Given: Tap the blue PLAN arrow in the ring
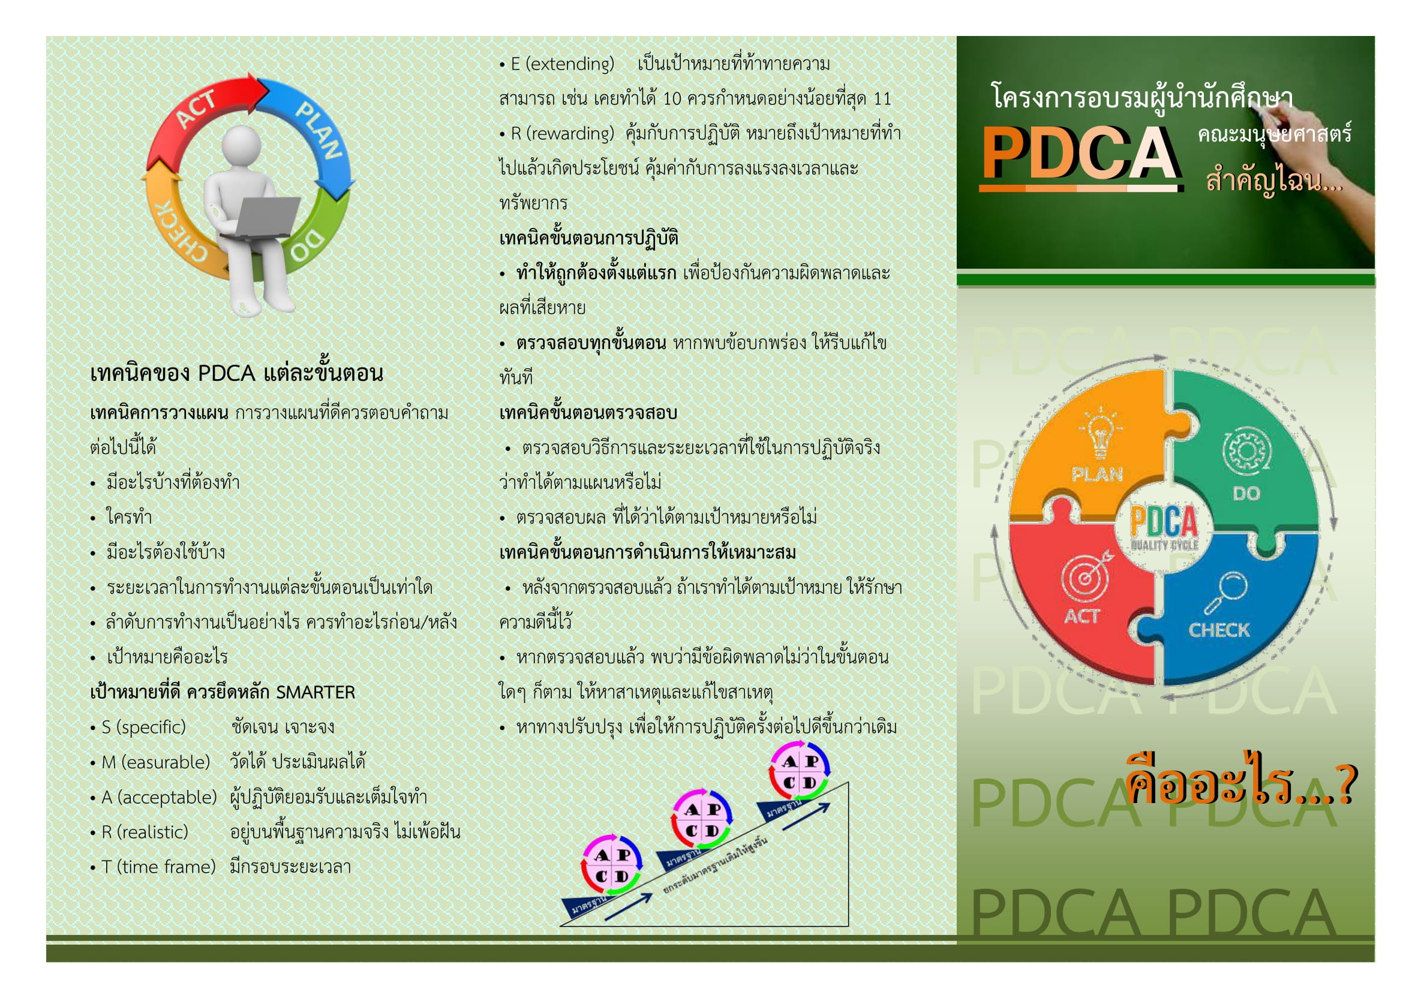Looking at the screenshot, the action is (x=318, y=134).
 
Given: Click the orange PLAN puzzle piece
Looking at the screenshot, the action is (x=1087, y=452).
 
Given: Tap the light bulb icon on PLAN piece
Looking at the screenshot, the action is (x=1100, y=432).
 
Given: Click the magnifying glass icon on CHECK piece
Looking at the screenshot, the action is (x=1226, y=592).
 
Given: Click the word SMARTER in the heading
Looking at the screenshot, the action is (x=316, y=692).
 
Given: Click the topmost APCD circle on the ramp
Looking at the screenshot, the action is (x=799, y=771).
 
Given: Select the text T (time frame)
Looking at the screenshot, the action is (x=153, y=867).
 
